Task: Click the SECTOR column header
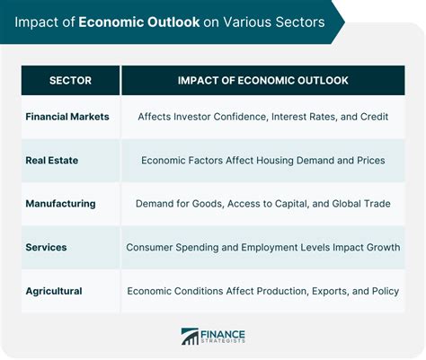point(70,81)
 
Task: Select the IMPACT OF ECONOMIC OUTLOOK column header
point(263,81)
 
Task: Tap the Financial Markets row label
point(67,117)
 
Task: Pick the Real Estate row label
point(52,160)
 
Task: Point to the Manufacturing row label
point(61,204)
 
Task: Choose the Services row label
point(46,247)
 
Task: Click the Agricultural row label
point(54,291)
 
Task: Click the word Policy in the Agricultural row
point(386,291)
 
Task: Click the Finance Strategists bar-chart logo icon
point(190,337)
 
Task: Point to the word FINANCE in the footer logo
point(223,334)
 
